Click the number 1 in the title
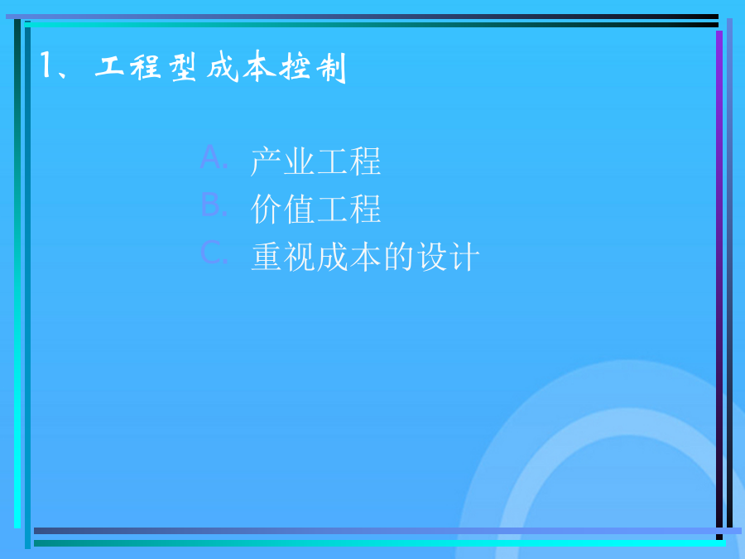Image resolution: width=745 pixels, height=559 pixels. pos(46,65)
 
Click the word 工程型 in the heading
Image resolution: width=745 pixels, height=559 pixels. pos(145,67)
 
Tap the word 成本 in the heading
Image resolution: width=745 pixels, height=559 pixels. pos(242,66)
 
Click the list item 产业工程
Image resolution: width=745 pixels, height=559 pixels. pos(316,161)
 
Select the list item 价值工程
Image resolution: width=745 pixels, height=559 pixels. pos(316,209)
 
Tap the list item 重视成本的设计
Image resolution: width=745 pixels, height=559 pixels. pos(365,256)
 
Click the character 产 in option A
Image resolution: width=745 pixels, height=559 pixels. pos(266,161)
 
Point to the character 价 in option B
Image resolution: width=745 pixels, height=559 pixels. pos(266,209)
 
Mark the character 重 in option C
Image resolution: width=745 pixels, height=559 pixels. pos(267,256)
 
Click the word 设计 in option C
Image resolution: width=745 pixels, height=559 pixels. pos(448,256)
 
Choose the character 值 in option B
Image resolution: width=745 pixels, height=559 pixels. pos(300,209)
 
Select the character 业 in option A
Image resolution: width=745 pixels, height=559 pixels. pos(300,161)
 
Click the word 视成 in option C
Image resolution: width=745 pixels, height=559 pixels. pos(316,256)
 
